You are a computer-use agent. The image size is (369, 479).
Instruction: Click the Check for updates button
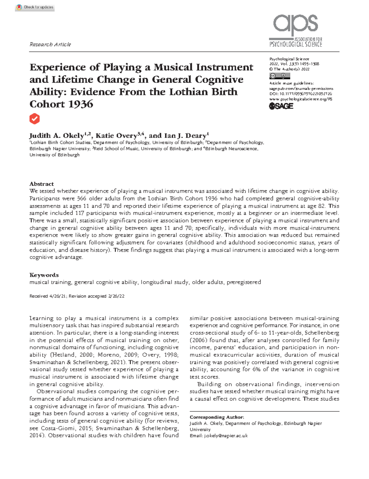pyautogui.click(x=35, y=7)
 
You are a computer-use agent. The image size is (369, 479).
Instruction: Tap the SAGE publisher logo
pyautogui.click(x=281, y=106)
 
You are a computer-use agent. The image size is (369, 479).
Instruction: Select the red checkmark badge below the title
pyautogui.click(x=34, y=119)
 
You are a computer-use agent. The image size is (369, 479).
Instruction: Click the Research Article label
pyautogui.click(x=50, y=45)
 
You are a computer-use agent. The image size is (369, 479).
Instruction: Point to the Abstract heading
pyautogui.click(x=42, y=184)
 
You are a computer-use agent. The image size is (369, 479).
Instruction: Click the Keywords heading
pyautogui.click(x=44, y=275)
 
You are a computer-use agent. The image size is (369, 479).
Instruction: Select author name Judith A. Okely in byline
pyautogui.click(x=57, y=136)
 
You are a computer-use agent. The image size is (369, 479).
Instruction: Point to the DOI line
pyautogui.click(x=300, y=94)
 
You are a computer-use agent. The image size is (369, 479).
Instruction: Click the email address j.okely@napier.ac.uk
pyautogui.click(x=226, y=436)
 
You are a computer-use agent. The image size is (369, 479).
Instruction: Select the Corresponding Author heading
pyautogui.click(x=217, y=417)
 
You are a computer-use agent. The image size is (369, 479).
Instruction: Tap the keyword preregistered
pyautogui.click(x=244, y=282)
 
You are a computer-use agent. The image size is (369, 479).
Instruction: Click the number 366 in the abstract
pyautogui.click(x=81, y=199)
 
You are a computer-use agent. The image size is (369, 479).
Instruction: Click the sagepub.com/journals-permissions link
pyautogui.click(x=301, y=89)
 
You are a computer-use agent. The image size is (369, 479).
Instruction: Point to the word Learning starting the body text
pyautogui.click(x=42, y=318)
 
